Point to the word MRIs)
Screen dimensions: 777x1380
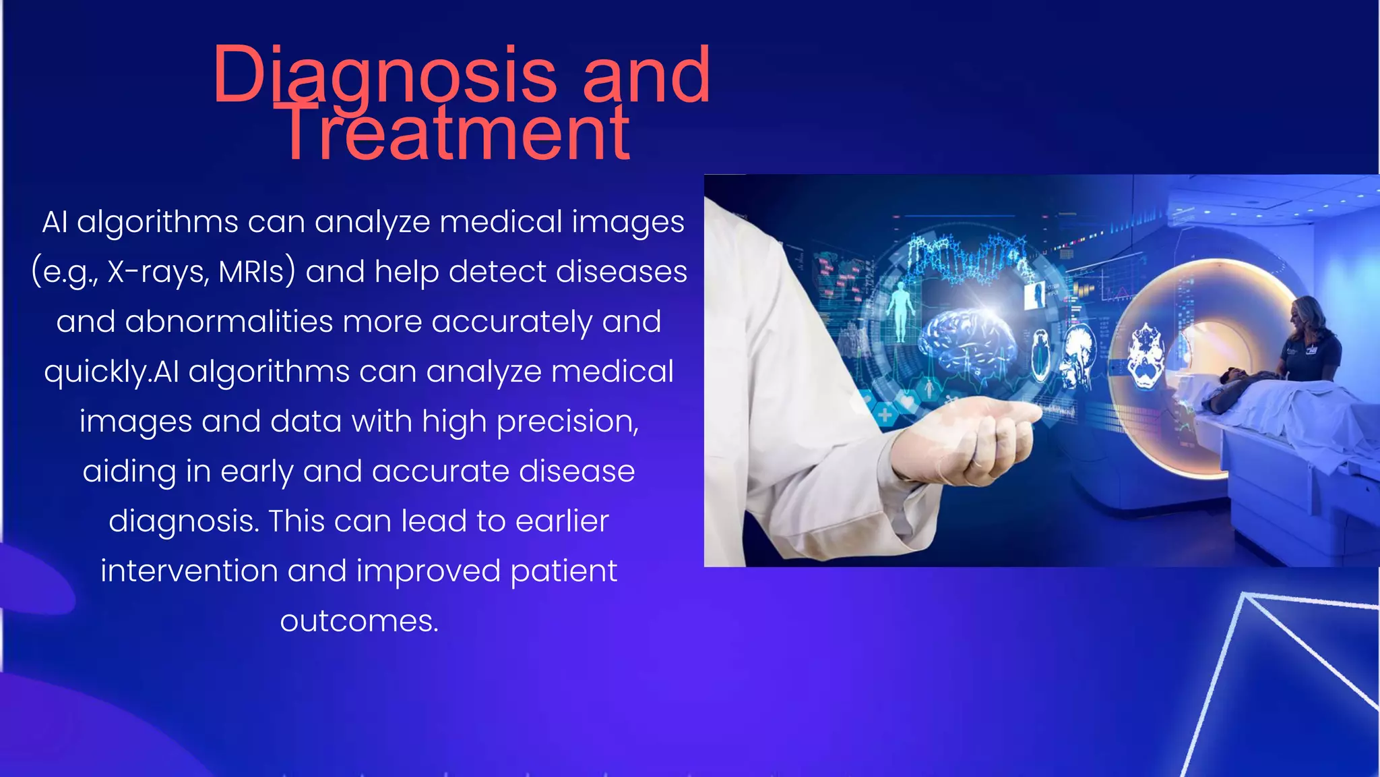(257, 272)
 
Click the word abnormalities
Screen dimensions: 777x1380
(229, 322)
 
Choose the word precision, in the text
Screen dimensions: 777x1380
(567, 422)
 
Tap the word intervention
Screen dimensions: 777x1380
(189, 571)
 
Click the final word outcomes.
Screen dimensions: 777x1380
(359, 621)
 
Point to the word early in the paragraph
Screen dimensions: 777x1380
(256, 471)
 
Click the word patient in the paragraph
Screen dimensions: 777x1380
(563, 571)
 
